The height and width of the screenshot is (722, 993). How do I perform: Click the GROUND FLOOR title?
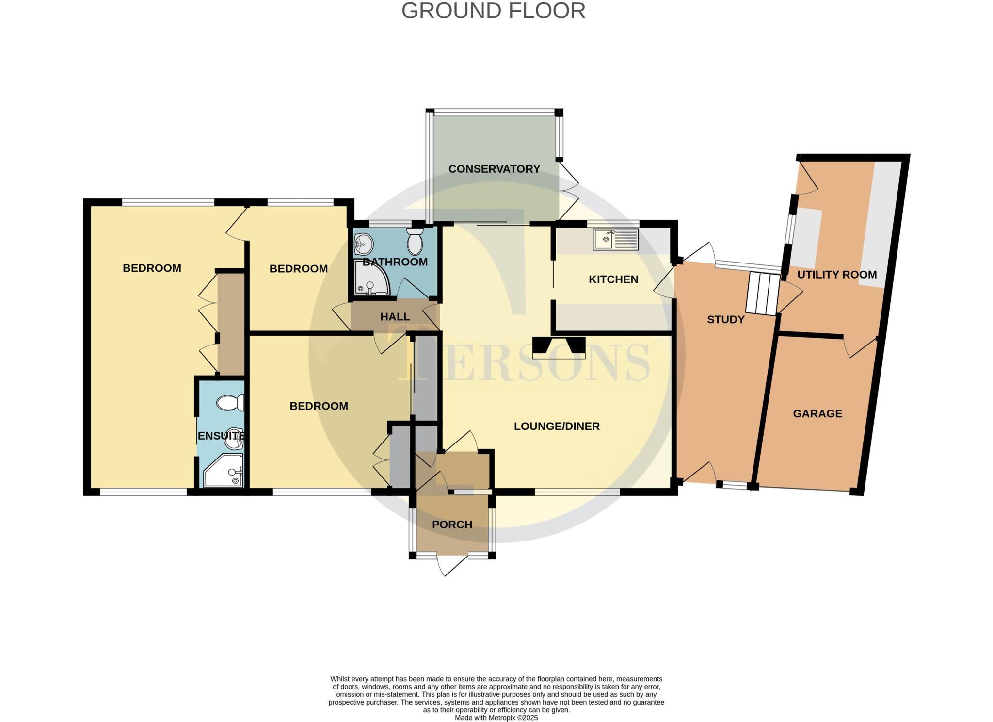point(493,11)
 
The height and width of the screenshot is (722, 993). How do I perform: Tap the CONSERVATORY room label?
point(494,169)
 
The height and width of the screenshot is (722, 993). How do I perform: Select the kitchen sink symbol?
point(615,239)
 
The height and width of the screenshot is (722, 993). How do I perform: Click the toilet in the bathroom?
point(415,242)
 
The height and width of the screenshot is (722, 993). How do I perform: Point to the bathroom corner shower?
point(370,278)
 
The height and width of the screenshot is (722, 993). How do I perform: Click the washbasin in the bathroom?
point(363,244)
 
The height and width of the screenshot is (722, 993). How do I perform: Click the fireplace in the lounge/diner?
point(559,347)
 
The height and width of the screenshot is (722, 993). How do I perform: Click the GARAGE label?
point(817,413)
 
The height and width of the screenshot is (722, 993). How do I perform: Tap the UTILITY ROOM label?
point(837,275)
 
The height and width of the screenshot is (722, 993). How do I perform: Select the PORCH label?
point(452,525)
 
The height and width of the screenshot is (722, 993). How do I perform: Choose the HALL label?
point(395,317)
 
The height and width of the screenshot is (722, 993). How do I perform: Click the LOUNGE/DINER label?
point(557,426)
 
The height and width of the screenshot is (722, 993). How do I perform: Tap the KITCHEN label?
point(613,279)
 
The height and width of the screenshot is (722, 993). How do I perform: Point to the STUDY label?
point(725,319)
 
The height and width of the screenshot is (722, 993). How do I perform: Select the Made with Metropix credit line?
point(496,718)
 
